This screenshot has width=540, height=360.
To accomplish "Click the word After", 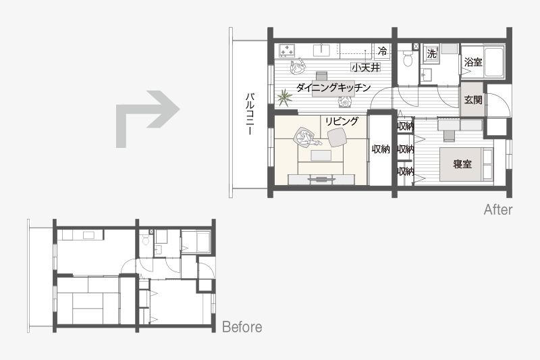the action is pos(498,209).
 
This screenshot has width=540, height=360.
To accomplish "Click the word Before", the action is pos(242,327).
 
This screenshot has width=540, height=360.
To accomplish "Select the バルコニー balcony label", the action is pos(249,113).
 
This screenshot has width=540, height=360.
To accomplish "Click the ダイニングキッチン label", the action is pos(333,88).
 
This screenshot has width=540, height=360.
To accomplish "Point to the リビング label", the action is pos(342,122).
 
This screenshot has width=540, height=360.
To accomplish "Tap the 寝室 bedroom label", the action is pos(462,164).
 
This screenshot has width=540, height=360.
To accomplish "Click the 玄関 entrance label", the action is pos(473,100).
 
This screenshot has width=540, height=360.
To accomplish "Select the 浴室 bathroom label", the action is pos(473,62).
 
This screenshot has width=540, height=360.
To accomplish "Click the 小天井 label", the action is pos(366,67).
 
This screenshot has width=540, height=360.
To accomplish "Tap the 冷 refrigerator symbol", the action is pos(382,51).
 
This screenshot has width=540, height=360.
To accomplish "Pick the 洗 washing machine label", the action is pos(431,54).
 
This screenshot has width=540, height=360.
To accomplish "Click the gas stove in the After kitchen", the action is pos(287,50).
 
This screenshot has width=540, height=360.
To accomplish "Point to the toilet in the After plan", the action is pos(408,58).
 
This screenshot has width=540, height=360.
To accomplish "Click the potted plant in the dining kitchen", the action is pos(284,97).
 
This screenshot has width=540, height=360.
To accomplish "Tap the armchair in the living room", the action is pos(336,137).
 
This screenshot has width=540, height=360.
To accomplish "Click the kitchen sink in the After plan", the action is pos(322,50).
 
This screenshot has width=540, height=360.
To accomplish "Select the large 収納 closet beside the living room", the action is pos(381,149).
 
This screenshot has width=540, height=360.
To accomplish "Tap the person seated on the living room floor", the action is pos(304,137).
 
